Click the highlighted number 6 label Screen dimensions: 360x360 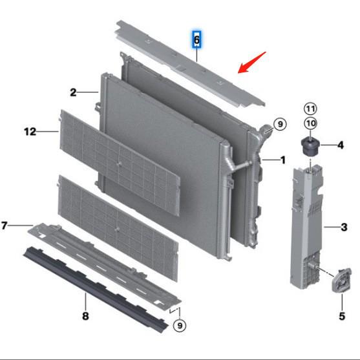pyautogui.click(x=198, y=40)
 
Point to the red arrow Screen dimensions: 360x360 pyautogui.click(x=252, y=62)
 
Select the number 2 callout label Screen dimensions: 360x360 pyautogui.click(x=73, y=92)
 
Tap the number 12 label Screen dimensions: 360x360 pyautogui.click(x=30, y=132)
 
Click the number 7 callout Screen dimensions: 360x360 pyautogui.click(x=4, y=226)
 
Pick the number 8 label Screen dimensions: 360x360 pyautogui.click(x=85, y=317)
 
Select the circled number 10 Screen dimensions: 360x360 pyautogui.click(x=311, y=123)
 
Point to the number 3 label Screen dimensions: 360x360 pyautogui.click(x=344, y=227)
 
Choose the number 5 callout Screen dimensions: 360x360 pyautogui.click(x=342, y=316)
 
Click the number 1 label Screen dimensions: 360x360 pyautogui.click(x=282, y=158)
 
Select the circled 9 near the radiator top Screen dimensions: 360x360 pyautogui.click(x=279, y=124)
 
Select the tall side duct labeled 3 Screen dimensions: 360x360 pyautogui.click(x=307, y=226)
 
